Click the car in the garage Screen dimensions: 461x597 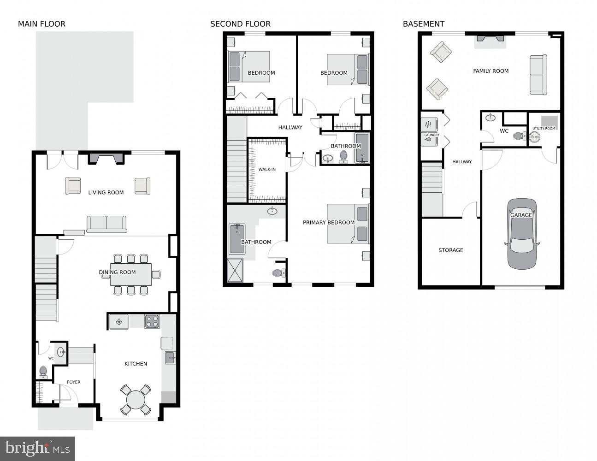(522, 234)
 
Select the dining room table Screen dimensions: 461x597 (131, 274)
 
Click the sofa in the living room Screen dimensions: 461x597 (106, 224)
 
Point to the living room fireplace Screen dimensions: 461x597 (106, 159)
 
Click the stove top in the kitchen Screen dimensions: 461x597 (152, 321)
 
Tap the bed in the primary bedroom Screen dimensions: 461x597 (348, 224)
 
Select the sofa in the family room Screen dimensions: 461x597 (538, 75)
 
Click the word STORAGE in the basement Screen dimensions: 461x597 (450, 250)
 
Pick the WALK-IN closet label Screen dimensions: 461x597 (267, 170)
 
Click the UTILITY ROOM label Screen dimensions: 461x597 (544, 129)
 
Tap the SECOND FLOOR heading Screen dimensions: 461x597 (240, 24)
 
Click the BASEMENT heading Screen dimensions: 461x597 (423, 24)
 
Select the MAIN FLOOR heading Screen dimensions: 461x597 (41, 24)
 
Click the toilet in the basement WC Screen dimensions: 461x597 (519, 136)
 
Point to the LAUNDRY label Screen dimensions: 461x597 (431, 135)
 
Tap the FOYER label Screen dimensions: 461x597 (73, 382)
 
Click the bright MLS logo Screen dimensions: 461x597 (37, 449)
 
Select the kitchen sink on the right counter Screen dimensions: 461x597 (170, 357)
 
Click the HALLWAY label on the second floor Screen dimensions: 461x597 (290, 128)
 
